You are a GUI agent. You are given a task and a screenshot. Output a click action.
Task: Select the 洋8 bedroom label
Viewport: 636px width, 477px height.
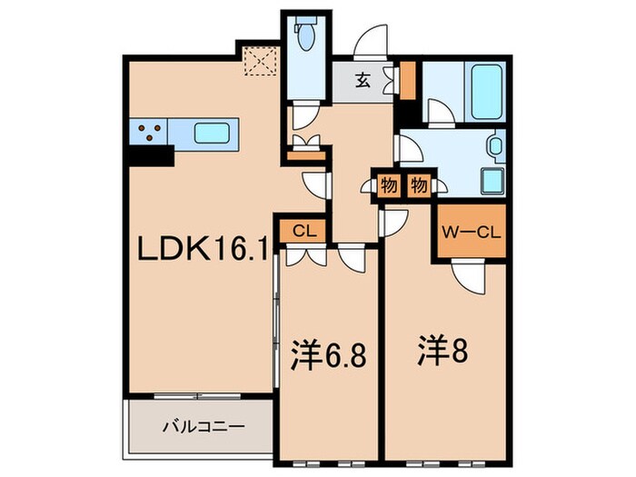(442, 350)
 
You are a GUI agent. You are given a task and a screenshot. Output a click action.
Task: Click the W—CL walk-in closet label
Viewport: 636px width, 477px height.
(470, 231)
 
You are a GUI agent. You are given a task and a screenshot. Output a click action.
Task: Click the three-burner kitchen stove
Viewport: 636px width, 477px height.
(151, 134)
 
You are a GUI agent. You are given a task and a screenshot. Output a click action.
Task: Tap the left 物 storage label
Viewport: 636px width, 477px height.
(387, 185)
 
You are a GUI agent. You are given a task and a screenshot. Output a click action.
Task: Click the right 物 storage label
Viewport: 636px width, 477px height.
(418, 185)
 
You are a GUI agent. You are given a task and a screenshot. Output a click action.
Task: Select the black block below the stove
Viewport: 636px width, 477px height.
(150, 156)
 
